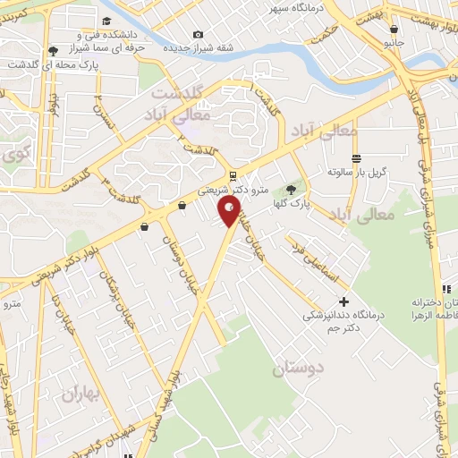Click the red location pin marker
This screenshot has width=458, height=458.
click(x=229, y=211)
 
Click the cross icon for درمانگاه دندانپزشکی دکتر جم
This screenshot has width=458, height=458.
click(x=343, y=302)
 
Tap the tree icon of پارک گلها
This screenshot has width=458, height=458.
click(x=290, y=189)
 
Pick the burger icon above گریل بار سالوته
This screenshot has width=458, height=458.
click(x=356, y=159)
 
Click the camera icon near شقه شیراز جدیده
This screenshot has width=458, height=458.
click(x=198, y=35)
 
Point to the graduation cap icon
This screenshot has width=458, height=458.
click(x=106, y=21)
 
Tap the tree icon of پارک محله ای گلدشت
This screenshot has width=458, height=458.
click(x=53, y=51)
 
